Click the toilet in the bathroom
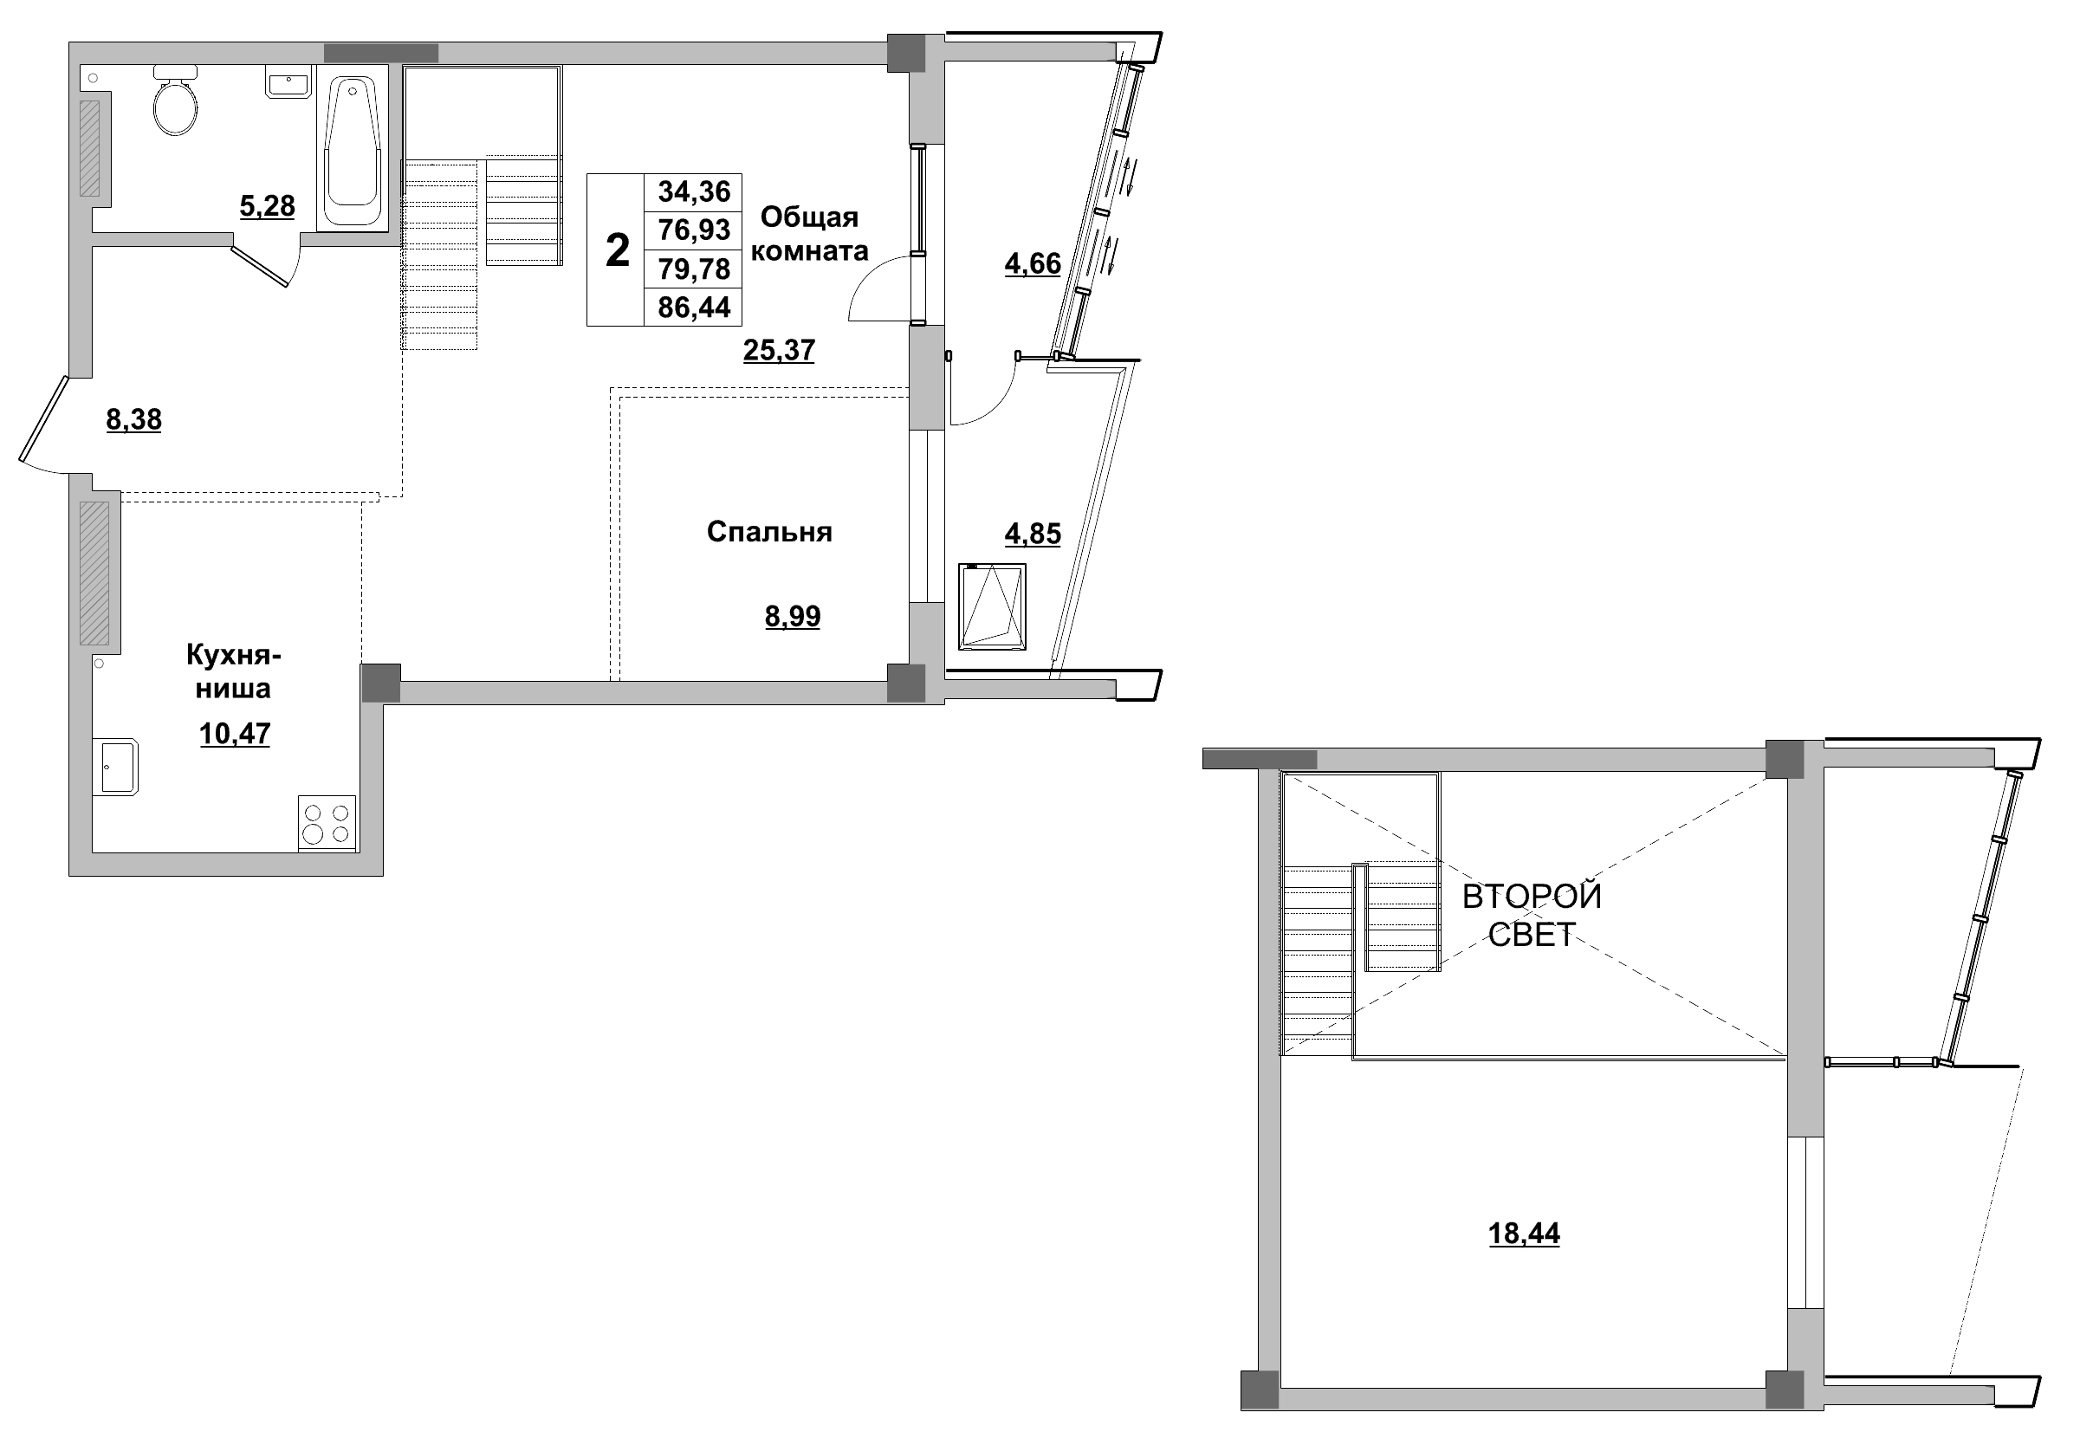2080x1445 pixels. tap(175, 104)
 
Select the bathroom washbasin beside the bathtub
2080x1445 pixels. tap(288, 83)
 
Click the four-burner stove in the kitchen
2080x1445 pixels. tap(327, 823)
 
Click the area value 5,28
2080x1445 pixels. tap(267, 206)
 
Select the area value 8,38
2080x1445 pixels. tap(134, 419)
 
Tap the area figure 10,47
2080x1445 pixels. tap(235, 734)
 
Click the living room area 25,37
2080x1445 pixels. tap(779, 349)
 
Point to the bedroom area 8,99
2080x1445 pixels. tap(792, 617)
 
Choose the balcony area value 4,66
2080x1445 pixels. tap(1032, 263)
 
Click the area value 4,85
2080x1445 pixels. tap(1032, 535)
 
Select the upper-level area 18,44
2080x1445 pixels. tap(1523, 1233)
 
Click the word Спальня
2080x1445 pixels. tap(768, 531)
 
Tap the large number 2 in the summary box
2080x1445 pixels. tap(617, 249)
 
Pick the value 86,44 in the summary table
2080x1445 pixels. tap(693, 308)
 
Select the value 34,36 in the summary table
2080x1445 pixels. tap(693, 192)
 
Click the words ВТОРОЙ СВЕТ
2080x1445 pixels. tap(1532, 915)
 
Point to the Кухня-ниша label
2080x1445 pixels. tap(234, 671)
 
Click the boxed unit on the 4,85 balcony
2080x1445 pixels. tap(992, 606)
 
